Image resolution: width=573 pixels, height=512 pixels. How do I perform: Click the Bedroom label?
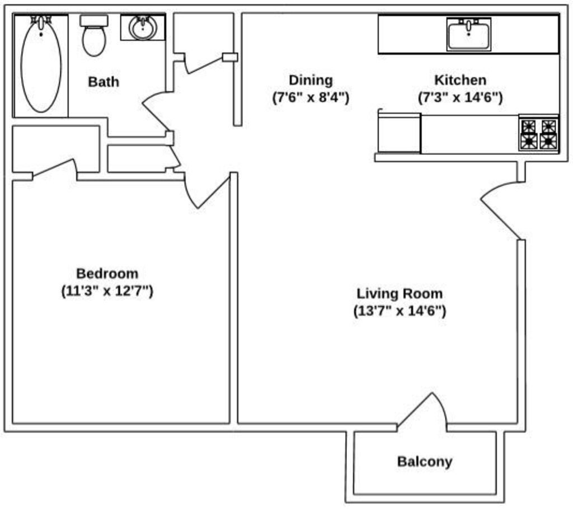[107, 274]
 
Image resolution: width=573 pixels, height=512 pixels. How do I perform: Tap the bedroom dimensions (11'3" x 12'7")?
[107, 291]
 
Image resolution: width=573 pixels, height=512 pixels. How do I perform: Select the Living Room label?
[400, 293]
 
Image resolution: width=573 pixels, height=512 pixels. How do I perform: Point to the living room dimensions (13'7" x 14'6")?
[400, 311]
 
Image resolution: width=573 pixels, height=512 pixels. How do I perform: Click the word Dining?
[311, 80]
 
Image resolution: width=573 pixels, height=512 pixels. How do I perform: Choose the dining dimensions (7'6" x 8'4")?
[311, 97]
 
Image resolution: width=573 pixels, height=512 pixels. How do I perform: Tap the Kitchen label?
[461, 80]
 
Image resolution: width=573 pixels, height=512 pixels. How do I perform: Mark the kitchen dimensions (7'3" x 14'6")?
[461, 97]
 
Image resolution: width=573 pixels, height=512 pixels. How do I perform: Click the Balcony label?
[425, 462]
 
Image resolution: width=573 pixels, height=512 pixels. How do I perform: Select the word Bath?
[104, 82]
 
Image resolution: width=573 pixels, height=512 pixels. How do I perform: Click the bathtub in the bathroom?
[41, 65]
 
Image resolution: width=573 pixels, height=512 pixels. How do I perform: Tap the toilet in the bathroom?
[93, 36]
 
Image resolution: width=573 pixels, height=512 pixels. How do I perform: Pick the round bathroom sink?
[143, 28]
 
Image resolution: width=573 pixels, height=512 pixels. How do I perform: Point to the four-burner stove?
[539, 134]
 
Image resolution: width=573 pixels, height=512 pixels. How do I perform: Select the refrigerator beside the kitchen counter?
[399, 133]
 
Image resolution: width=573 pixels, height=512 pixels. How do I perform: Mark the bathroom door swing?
[157, 112]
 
